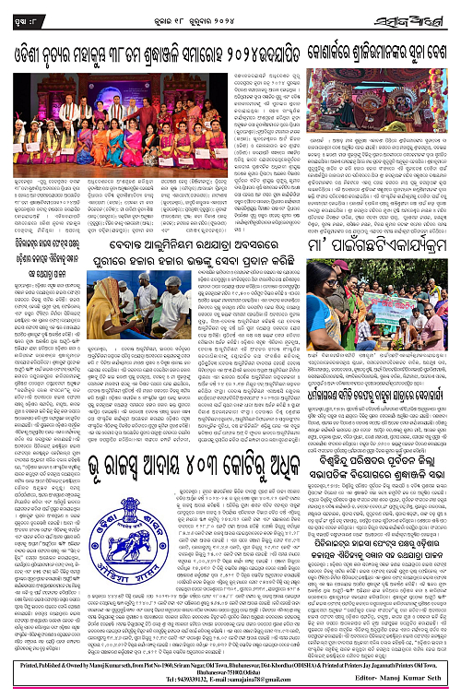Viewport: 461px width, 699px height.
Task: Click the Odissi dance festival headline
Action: (x=148, y=39)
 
